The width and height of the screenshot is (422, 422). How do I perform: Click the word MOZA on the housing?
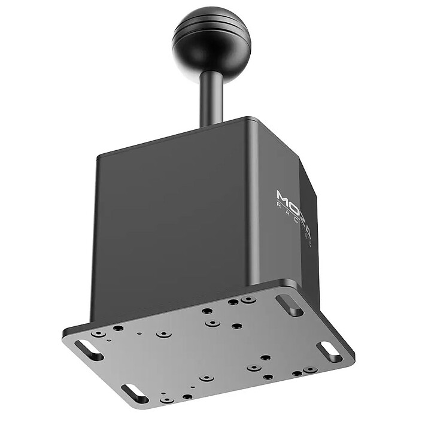[292, 201]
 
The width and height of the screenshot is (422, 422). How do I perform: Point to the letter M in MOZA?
[282, 196]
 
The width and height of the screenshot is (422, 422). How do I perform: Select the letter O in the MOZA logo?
[293, 201]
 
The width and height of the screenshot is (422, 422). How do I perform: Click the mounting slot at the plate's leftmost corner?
[89, 350]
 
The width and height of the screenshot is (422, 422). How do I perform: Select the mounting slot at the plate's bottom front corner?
[135, 394]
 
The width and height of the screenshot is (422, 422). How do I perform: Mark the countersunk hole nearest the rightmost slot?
[309, 370]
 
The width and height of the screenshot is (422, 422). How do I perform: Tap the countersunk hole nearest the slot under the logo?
[248, 299]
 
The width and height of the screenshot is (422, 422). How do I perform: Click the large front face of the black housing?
[174, 221]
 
